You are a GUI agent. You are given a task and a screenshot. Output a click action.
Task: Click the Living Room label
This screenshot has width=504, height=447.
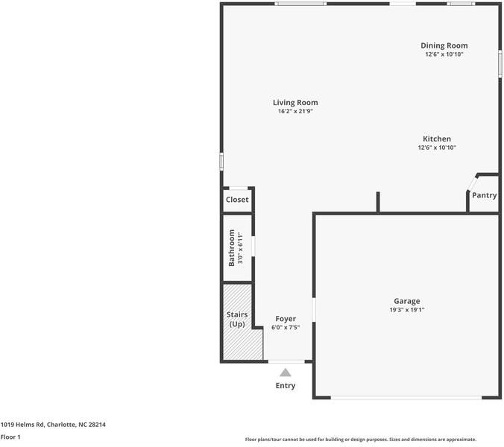[x=295, y=103]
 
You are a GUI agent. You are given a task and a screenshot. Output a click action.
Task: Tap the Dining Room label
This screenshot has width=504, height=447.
[x=444, y=45]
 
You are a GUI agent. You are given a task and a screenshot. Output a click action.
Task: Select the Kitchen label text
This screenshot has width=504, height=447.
[x=436, y=139]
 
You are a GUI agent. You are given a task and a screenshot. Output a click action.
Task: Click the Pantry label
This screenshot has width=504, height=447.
[x=484, y=195]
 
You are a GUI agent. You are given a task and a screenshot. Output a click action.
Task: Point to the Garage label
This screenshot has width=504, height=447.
[x=406, y=301]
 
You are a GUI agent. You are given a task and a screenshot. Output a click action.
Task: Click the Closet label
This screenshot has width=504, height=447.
[x=237, y=200]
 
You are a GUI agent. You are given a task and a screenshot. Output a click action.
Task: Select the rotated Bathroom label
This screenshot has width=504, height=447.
[x=232, y=248]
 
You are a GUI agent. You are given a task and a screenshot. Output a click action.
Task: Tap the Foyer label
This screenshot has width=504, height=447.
[x=286, y=319]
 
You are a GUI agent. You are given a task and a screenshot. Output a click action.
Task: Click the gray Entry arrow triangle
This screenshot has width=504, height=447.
[x=285, y=372]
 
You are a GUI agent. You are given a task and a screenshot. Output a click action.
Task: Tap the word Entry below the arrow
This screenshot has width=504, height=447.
[x=285, y=386]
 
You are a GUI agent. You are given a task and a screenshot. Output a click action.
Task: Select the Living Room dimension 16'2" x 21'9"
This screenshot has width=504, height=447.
[x=295, y=112]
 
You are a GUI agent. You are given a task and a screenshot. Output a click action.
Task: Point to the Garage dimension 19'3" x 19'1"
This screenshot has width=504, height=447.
[x=406, y=310]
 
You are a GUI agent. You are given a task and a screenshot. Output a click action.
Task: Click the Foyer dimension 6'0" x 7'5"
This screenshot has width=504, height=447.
[x=286, y=327]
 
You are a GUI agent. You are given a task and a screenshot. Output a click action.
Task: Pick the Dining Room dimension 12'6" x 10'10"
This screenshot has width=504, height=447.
[x=444, y=54]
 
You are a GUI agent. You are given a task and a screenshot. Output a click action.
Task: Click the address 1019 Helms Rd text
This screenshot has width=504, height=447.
[x=53, y=425]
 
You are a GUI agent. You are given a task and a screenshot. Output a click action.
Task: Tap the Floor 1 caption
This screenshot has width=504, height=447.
[x=10, y=437]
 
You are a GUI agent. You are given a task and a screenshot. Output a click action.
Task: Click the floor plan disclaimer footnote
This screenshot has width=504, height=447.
[x=360, y=440]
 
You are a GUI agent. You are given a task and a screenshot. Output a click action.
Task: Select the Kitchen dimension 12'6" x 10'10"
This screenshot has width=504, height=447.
[x=436, y=148]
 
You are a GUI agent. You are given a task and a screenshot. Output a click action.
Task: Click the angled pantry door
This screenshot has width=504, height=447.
[x=471, y=183]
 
